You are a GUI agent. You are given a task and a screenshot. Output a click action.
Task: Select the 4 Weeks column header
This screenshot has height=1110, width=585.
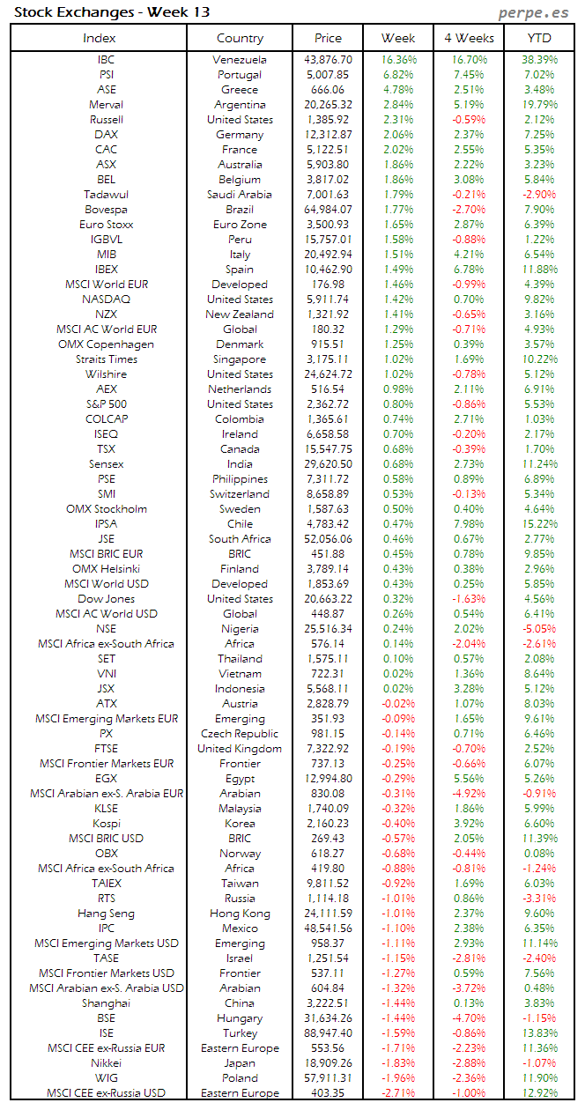(x=470, y=38)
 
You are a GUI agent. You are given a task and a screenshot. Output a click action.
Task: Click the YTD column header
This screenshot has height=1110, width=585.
(x=540, y=38)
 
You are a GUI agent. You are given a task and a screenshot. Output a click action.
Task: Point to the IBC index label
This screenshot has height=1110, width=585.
(x=106, y=59)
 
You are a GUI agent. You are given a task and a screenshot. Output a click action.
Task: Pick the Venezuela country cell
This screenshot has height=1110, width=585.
(x=240, y=59)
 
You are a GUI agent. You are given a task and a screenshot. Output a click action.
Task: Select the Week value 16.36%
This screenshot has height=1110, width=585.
(x=399, y=59)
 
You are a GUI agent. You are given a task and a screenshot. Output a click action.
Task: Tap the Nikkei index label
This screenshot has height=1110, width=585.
(x=106, y=1062)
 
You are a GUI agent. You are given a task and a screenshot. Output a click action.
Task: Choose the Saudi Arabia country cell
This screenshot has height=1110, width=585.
(x=240, y=194)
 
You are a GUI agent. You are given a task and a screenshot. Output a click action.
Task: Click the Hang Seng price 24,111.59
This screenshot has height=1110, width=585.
(x=328, y=913)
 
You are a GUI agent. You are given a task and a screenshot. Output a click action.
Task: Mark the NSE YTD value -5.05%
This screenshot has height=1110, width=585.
(x=538, y=628)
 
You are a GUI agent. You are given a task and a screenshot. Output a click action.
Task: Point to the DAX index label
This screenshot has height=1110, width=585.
(x=106, y=134)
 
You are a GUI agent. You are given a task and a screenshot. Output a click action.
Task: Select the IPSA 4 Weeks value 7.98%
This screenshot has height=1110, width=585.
(x=469, y=523)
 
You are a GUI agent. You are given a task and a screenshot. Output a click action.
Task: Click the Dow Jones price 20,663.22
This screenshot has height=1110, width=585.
(x=328, y=598)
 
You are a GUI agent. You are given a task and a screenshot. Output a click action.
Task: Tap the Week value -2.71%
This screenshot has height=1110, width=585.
(x=398, y=1092)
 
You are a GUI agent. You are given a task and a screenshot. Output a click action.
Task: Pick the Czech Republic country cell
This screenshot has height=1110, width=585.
(x=240, y=733)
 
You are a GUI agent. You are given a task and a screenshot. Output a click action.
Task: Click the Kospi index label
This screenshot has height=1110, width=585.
(x=106, y=823)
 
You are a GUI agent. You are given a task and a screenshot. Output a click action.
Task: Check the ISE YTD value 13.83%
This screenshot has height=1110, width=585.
(x=538, y=1032)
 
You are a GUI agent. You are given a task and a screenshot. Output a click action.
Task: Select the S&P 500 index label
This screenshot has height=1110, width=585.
(x=106, y=403)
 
